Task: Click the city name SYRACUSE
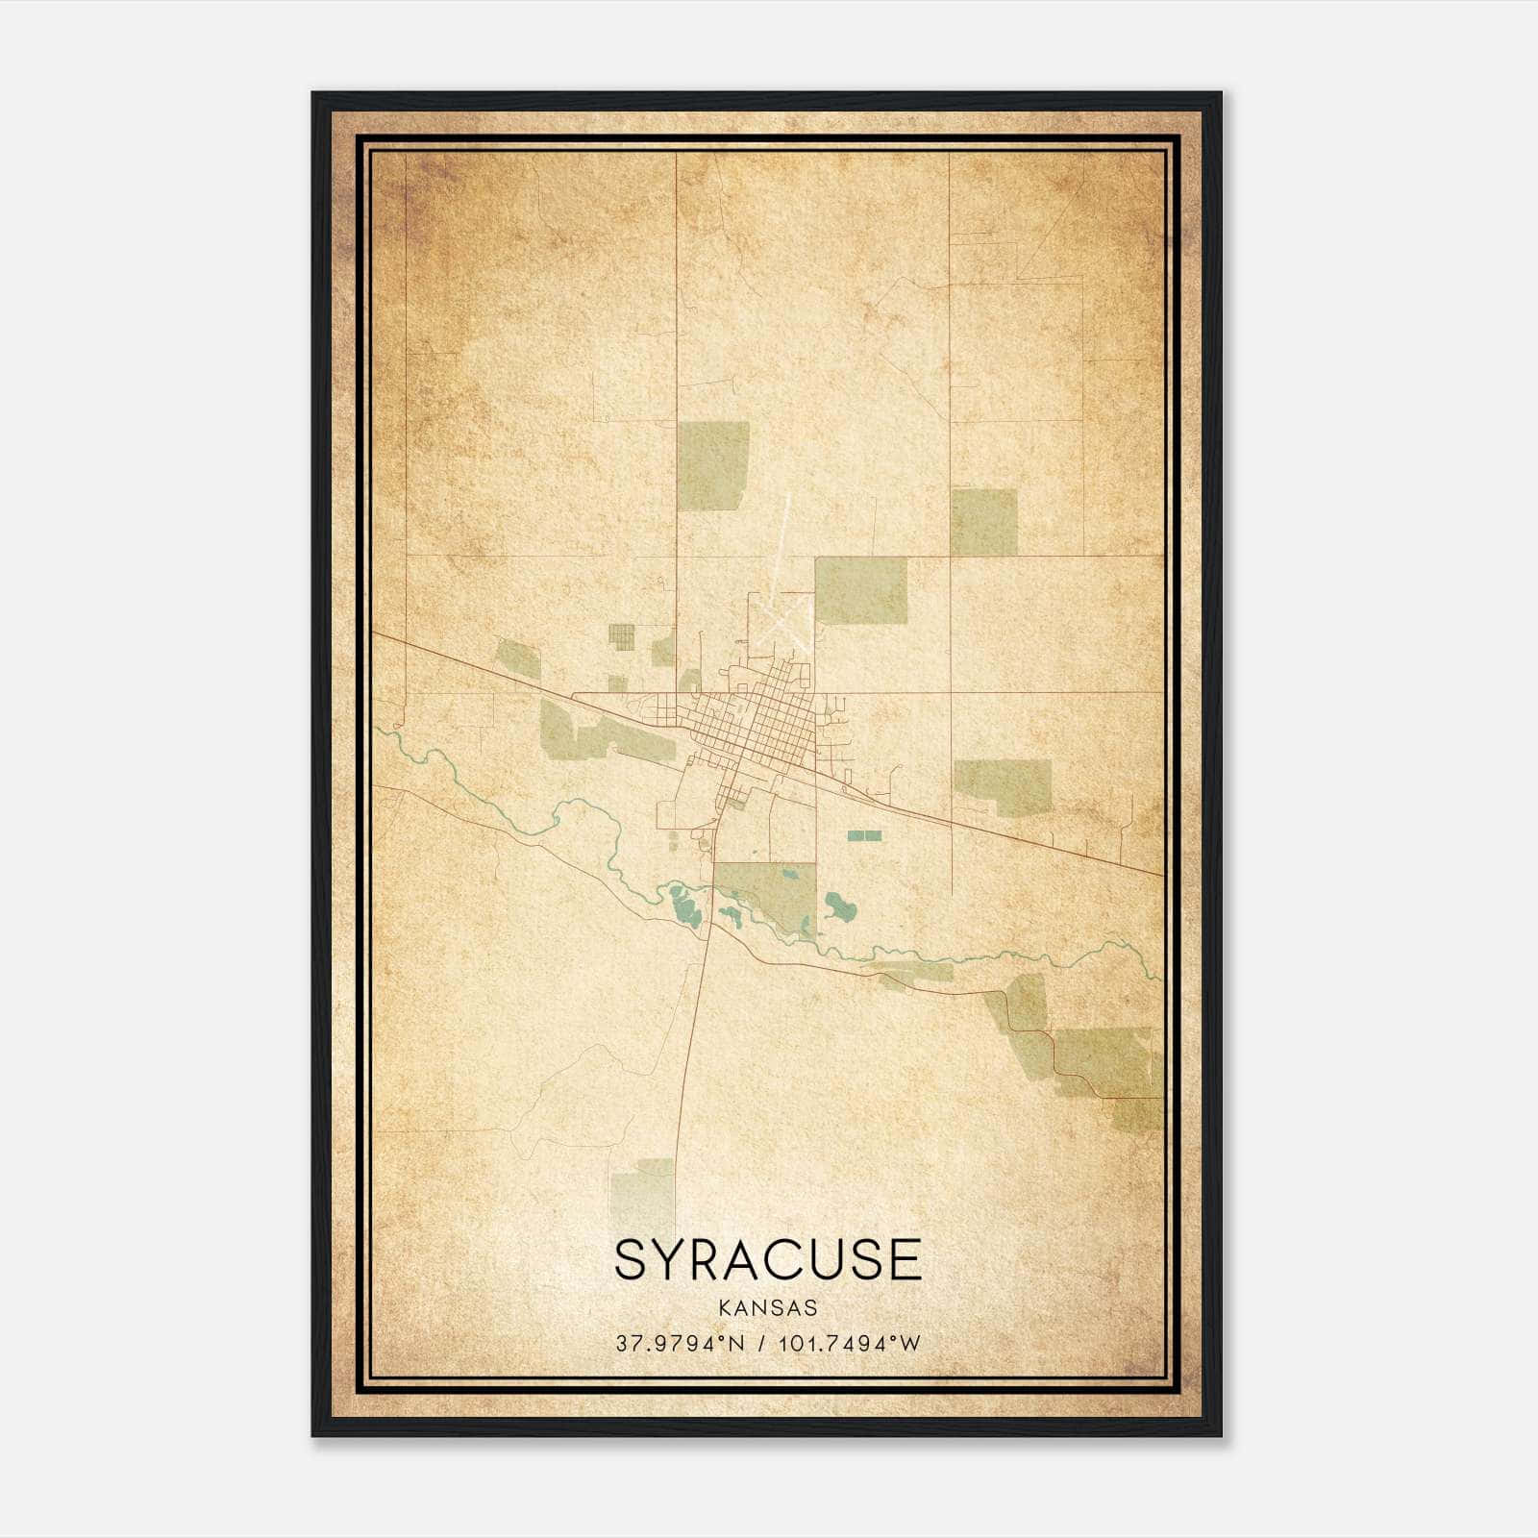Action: [768, 1259]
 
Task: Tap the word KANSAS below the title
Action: [768, 1308]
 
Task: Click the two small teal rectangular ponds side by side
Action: [864, 835]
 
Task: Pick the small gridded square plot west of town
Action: [621, 636]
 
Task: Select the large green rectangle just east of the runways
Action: [860, 590]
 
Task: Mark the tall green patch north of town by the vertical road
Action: [713, 465]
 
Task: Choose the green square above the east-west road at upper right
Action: [983, 522]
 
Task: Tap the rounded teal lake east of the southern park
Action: [840, 905]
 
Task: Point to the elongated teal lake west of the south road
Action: [684, 904]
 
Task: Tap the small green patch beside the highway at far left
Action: [516, 657]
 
